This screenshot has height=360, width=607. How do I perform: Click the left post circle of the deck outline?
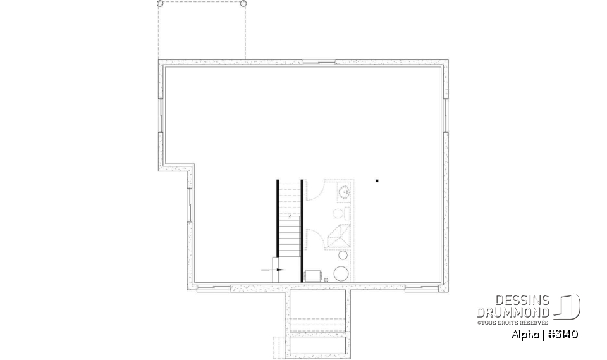pos(160,4)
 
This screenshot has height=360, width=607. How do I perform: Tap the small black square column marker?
pos(377,181)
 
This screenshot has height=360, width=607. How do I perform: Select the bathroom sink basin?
pos(345,191)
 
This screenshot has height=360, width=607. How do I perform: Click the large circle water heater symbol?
pos(341,273)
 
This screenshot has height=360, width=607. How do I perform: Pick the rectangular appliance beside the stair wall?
pos(312,275)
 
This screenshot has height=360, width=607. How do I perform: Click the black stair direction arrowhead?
pos(280,270)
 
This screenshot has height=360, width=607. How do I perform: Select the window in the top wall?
pos(319,63)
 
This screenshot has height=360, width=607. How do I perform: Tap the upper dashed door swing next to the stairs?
pos(315,190)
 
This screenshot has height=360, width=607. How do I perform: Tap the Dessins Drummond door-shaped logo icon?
pos(568,306)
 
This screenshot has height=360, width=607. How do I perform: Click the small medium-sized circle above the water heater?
pos(343,256)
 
